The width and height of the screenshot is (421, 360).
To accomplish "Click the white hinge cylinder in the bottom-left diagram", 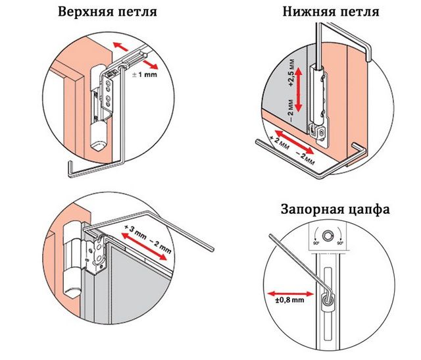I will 71,260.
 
